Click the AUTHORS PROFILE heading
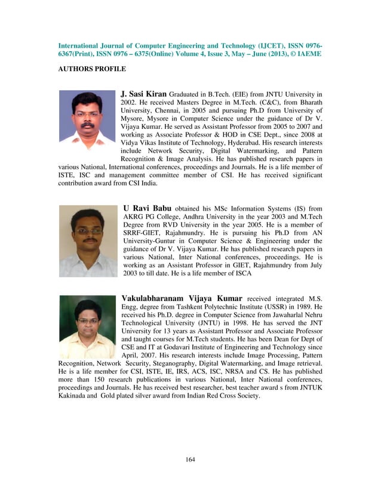[91, 69]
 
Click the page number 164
[190, 459]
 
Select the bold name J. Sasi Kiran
[143, 94]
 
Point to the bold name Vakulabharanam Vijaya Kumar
[182, 298]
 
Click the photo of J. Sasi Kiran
[87, 119]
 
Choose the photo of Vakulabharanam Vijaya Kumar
[87, 327]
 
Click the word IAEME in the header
[308, 54]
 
